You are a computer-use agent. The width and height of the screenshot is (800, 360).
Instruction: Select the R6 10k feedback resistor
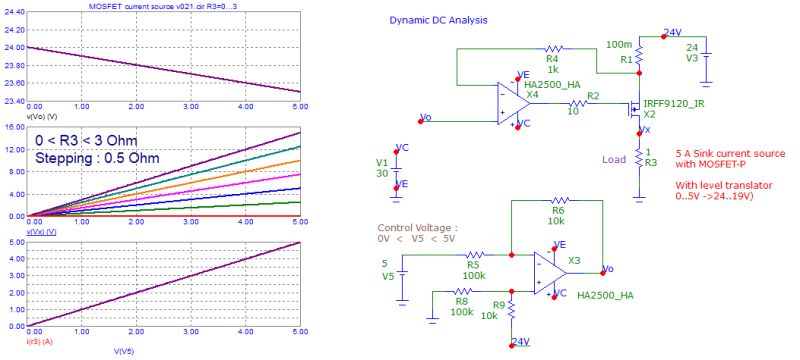558,201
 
